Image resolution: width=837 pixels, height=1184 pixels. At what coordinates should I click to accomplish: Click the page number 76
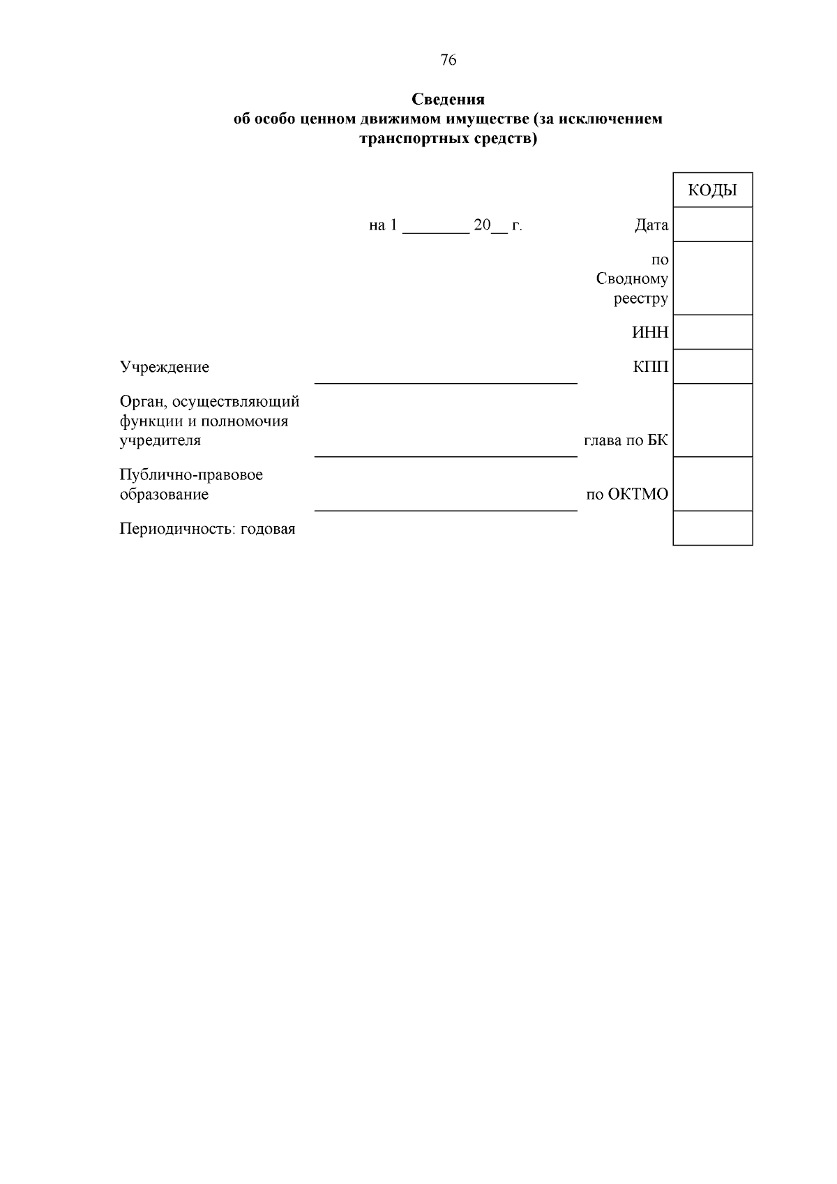click(448, 60)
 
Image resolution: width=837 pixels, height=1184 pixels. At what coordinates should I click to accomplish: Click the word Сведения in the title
click(448, 99)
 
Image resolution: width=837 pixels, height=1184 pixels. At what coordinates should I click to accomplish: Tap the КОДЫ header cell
click(712, 190)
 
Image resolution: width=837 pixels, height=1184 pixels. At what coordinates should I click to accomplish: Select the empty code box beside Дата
click(712, 225)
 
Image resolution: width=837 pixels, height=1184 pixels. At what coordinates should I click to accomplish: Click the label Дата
click(651, 225)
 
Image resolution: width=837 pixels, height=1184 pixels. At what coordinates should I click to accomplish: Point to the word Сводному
click(632, 279)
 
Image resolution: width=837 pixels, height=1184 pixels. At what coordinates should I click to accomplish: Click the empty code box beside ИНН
click(712, 332)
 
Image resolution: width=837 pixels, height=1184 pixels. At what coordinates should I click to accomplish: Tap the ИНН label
click(649, 333)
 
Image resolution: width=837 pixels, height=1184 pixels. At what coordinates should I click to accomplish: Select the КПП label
click(650, 367)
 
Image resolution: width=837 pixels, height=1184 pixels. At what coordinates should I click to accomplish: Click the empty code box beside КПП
click(712, 367)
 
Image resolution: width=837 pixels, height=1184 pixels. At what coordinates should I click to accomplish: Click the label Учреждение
click(165, 367)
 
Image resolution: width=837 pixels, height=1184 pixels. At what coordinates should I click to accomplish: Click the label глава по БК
click(626, 441)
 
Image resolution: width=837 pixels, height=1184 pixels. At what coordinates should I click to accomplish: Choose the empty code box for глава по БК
click(712, 421)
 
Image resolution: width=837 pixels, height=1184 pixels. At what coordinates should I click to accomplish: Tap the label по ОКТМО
click(626, 495)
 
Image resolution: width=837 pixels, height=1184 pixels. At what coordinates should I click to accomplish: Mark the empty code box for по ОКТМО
click(712, 484)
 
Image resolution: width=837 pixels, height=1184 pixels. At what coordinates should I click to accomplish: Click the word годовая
click(268, 529)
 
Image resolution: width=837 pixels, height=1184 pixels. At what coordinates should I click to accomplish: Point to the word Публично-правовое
click(191, 475)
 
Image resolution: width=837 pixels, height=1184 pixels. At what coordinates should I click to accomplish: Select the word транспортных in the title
click(405, 139)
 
